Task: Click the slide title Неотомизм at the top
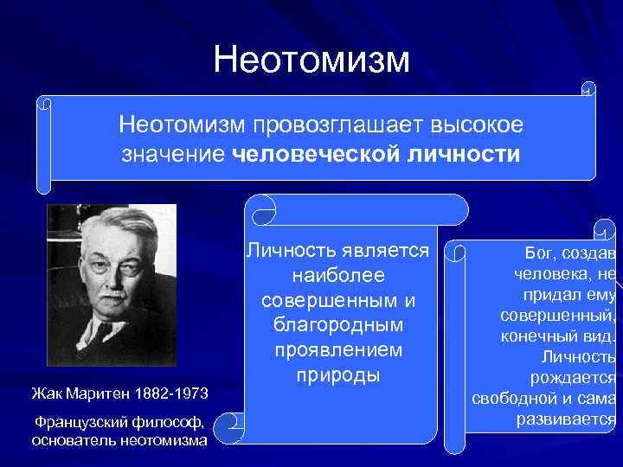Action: (x=311, y=59)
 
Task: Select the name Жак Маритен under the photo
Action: (x=80, y=394)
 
